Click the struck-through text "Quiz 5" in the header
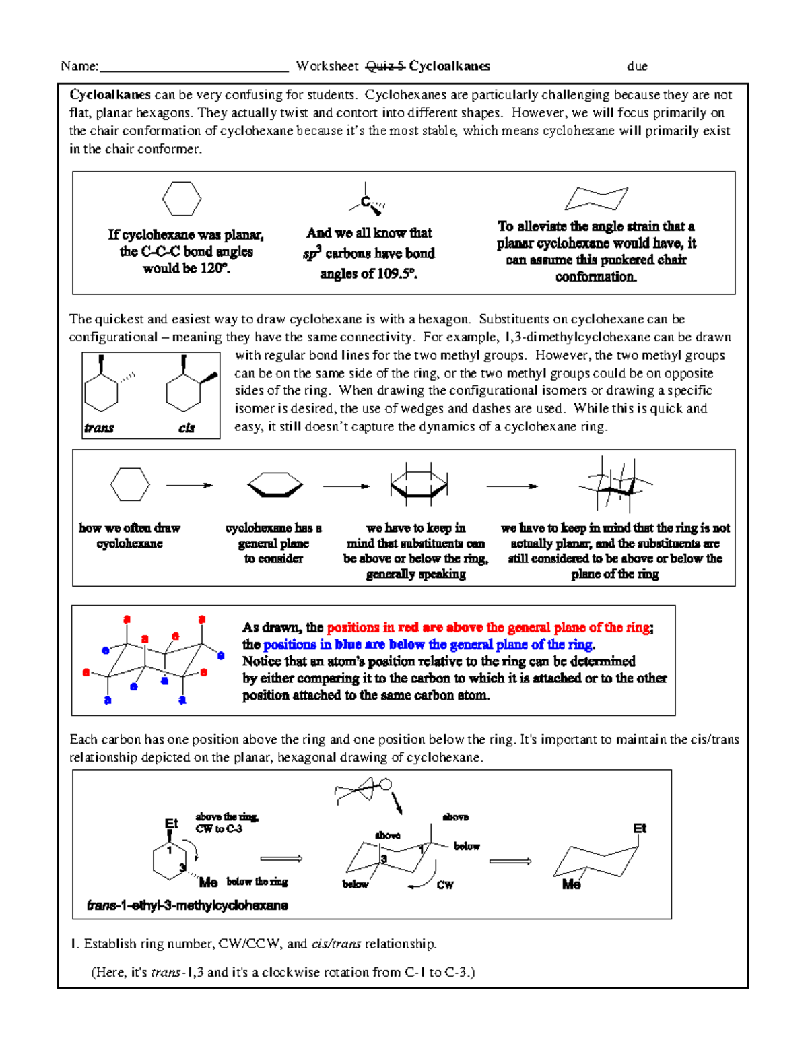pyautogui.click(x=385, y=66)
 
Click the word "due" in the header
pyautogui.click(x=637, y=66)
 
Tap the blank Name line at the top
pyautogui.click(x=194, y=67)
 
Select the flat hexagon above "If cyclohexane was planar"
pyautogui.click(x=182, y=199)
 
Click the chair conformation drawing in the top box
pyautogui.click(x=596, y=199)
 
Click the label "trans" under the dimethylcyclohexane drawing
pyautogui.click(x=99, y=428)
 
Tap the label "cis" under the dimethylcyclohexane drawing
pyautogui.click(x=187, y=428)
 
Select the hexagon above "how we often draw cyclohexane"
pyautogui.click(x=129, y=485)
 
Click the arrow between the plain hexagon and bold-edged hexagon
pyautogui.click(x=189, y=486)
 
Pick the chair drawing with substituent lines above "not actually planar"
pyautogui.click(x=615, y=484)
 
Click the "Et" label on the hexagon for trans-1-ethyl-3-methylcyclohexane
pyautogui.click(x=171, y=824)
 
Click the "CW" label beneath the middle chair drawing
pyautogui.click(x=445, y=885)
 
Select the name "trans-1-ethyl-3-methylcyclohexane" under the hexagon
pyautogui.click(x=187, y=906)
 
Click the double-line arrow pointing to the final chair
pyautogui.click(x=510, y=861)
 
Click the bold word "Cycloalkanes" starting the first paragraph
pyautogui.click(x=110, y=95)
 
